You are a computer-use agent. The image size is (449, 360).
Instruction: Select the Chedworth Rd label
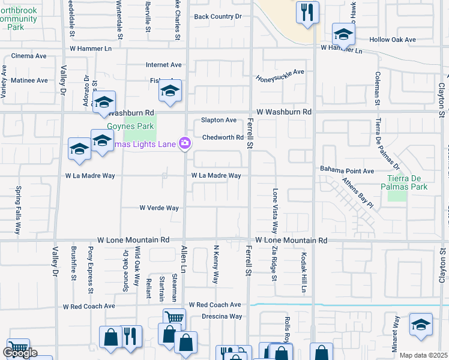click(222, 137)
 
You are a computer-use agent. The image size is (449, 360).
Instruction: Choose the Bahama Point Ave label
click(347, 170)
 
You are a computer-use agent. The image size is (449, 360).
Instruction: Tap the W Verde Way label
click(159, 208)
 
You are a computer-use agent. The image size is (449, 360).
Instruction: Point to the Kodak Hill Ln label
click(304, 276)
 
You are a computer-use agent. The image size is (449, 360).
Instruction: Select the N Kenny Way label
click(215, 264)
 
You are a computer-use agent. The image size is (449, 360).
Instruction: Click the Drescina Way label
click(221, 316)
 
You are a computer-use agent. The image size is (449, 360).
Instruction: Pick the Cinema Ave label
click(29, 56)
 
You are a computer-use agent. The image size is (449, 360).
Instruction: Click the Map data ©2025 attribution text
click(424, 355)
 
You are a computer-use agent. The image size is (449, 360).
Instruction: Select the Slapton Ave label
click(218, 120)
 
